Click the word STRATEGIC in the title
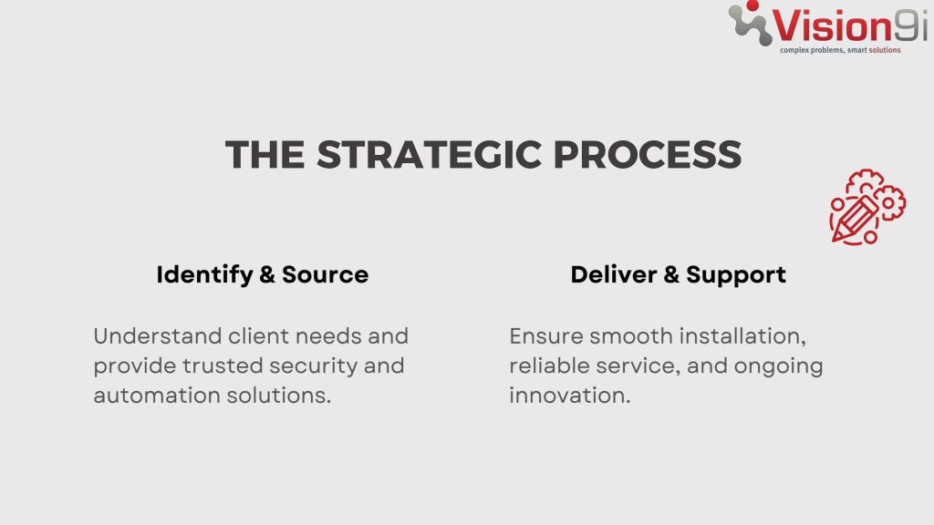tap(429, 154)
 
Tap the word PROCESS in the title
tap(648, 154)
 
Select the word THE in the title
tap(265, 154)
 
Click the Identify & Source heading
tap(263, 275)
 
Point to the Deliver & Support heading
tap(679, 275)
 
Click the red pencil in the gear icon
tap(854, 219)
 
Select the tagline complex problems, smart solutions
tap(840, 50)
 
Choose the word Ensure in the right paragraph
tap(546, 336)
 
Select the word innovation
tap(570, 396)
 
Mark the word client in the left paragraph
tap(259, 336)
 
